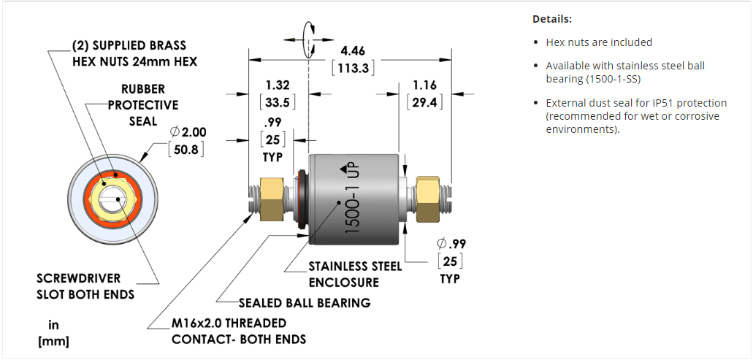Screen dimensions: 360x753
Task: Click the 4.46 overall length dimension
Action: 353,51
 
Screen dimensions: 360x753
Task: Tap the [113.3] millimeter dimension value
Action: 353,68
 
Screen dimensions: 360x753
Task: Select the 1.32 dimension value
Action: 277,85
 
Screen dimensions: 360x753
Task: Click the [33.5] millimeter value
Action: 278,102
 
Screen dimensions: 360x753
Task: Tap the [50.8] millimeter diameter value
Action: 186,150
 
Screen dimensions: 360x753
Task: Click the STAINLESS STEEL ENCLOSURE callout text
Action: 355,274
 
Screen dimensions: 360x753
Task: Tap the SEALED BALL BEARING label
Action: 305,302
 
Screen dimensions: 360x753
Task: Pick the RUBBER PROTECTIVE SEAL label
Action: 143,104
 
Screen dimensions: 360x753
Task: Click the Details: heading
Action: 552,19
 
